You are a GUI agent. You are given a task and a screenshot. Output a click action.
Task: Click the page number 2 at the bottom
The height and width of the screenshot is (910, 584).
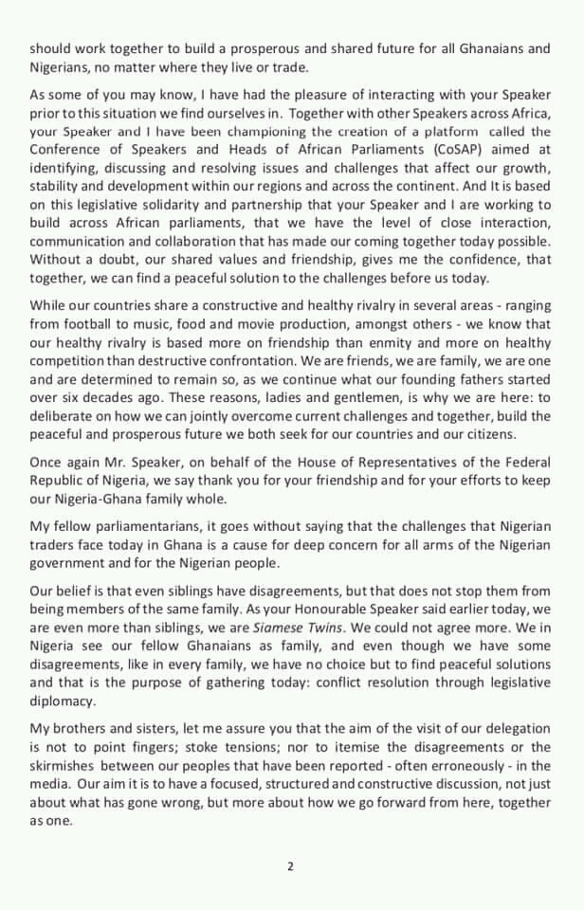click(x=291, y=864)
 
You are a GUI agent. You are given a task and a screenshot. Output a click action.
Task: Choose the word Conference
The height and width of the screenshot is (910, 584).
click(x=68, y=149)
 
